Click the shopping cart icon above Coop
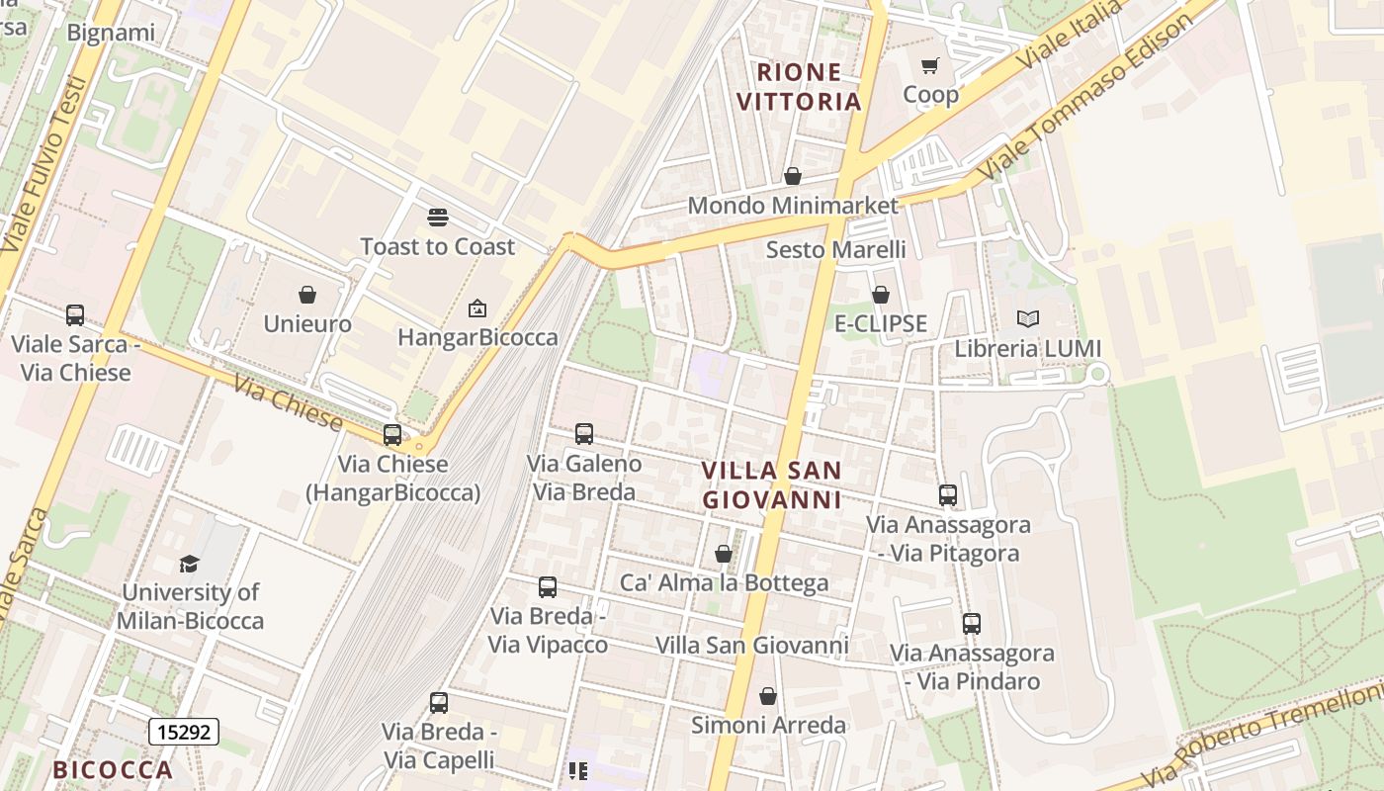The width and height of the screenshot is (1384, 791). (929, 66)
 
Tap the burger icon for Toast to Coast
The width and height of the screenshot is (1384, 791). (438, 218)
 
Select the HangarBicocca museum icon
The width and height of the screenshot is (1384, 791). (477, 308)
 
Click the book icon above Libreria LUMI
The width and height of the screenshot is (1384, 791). (1028, 319)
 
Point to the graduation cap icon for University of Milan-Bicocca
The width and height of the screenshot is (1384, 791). (189, 564)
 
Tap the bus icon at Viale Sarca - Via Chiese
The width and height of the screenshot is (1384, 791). (75, 315)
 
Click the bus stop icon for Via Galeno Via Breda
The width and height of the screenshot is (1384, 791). (584, 433)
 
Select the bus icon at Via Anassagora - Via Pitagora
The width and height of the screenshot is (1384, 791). (948, 494)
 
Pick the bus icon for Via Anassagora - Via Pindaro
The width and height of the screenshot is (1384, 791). (972, 624)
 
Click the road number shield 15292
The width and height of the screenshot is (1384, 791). (184, 732)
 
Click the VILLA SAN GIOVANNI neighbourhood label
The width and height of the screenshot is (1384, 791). (772, 484)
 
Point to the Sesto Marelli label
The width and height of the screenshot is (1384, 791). (836, 249)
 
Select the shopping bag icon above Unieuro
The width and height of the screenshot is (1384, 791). (307, 295)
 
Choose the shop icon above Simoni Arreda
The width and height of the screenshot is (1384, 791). (768, 696)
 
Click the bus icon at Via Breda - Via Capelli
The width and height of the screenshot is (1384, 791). (439, 703)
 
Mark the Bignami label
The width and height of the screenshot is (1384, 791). (111, 33)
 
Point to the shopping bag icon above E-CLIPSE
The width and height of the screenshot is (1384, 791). (881, 295)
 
